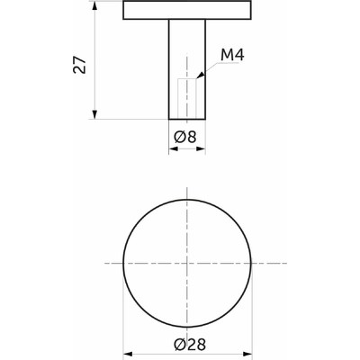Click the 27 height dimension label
79,64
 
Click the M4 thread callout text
232,55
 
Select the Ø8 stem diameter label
185,138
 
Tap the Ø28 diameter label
190,345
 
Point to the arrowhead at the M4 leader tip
201,76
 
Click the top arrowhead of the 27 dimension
94,6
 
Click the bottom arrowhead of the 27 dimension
94,114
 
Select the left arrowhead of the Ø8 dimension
174,148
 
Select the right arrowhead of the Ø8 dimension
201,148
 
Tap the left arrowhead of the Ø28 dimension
128,355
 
